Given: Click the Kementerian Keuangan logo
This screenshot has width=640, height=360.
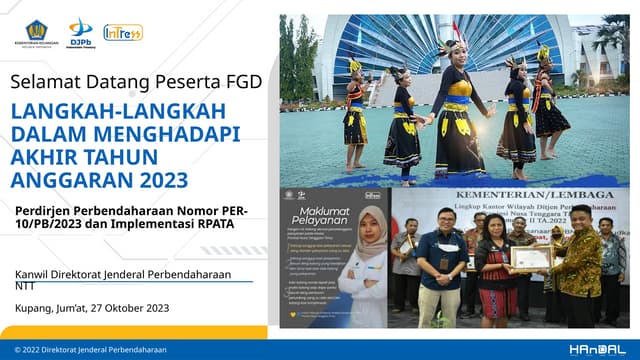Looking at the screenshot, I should click(35, 31).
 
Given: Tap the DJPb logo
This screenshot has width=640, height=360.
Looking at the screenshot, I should click(81, 31).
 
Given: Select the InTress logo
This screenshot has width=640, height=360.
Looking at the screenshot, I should click(123, 32).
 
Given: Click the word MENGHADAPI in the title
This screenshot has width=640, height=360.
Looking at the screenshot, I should click(165, 132).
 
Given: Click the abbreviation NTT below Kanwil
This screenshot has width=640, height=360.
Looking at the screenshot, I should click(24, 285).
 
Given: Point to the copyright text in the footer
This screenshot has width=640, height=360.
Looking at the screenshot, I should click(89, 350).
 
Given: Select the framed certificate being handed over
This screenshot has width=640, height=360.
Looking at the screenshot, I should click(531, 257).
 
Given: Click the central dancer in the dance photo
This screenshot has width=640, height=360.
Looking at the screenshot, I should click(459, 110).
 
